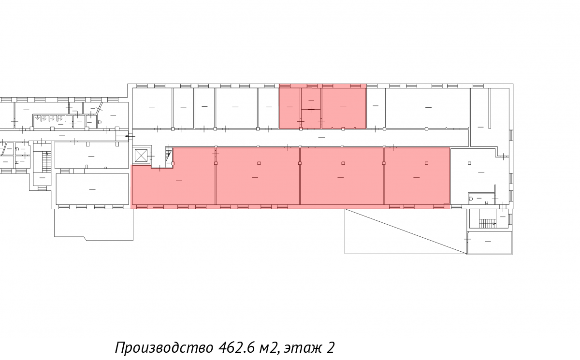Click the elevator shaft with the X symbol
(x=142, y=156)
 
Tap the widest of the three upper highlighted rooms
(x=344, y=108)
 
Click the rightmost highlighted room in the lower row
(x=417, y=176)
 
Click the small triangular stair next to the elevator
(x=169, y=155)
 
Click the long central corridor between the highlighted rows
(x=300, y=138)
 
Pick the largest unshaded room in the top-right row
(x=427, y=108)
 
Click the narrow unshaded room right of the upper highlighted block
(x=375, y=108)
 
